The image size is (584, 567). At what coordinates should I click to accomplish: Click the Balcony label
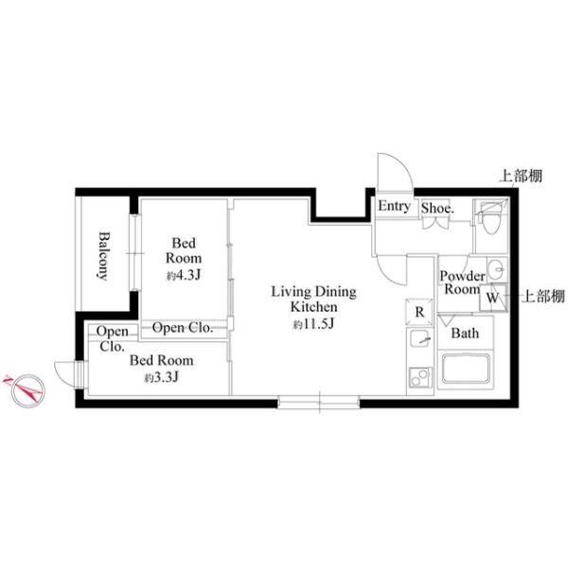click(x=103, y=256)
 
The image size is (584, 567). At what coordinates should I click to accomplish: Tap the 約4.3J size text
click(x=184, y=275)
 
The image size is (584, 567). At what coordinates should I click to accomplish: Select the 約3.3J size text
click(x=162, y=377)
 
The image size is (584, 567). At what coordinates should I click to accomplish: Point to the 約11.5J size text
click(x=313, y=324)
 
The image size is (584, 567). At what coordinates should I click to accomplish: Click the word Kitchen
click(x=313, y=307)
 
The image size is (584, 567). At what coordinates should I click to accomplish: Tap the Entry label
click(x=394, y=206)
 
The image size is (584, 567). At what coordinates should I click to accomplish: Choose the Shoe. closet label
click(x=437, y=208)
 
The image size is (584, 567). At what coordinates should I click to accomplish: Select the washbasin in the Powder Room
click(x=497, y=268)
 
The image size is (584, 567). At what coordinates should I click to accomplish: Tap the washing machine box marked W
click(x=493, y=298)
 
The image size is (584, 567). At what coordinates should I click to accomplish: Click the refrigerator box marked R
click(x=419, y=312)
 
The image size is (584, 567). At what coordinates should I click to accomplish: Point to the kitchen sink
click(x=419, y=338)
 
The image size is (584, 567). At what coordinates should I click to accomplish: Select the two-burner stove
click(x=420, y=378)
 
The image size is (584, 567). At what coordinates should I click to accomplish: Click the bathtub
click(x=466, y=369)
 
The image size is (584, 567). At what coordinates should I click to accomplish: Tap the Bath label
click(x=465, y=334)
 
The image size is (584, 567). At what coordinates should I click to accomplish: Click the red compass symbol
click(x=27, y=389)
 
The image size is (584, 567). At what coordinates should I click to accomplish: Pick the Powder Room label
click(x=462, y=283)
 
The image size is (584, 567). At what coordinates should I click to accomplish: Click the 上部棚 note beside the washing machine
click(x=544, y=297)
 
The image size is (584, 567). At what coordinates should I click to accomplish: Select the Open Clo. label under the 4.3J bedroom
click(x=183, y=328)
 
